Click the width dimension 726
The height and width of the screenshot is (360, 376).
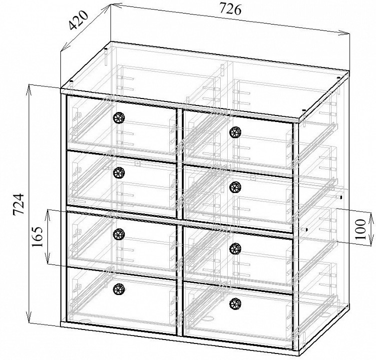(230, 9)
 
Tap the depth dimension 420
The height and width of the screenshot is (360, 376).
(79, 20)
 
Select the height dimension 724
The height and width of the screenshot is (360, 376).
(18, 204)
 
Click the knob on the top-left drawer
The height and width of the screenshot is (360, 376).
(119, 117)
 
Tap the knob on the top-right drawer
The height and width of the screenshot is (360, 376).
(235, 132)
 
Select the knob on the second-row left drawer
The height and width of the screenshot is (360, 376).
(119, 172)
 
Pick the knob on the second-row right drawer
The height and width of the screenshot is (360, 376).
(235, 187)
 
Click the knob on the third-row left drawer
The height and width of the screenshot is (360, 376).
(119, 234)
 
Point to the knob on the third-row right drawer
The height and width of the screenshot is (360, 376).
(235, 248)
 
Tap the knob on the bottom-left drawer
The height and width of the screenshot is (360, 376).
(119, 288)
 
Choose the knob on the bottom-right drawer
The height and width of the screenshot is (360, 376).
(235, 303)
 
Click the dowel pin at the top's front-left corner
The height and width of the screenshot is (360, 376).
(71, 82)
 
